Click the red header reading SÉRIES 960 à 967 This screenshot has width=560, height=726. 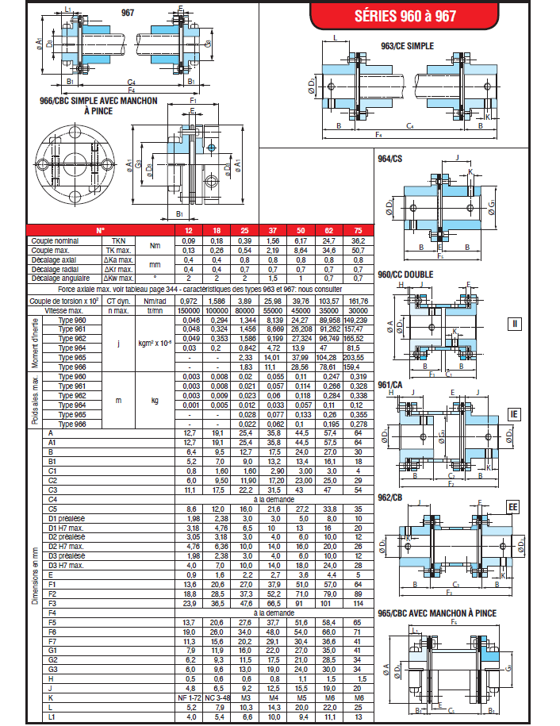tap(408, 14)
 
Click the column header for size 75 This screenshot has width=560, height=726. tap(357, 230)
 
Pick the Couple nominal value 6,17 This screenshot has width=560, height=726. tap(301, 240)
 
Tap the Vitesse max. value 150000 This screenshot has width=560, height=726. tap(189, 311)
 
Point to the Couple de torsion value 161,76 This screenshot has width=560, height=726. tap(357, 302)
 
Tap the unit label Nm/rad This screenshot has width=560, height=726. tap(155, 302)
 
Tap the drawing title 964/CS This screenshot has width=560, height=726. tap(390, 159)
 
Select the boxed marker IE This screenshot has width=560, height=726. tap(514, 415)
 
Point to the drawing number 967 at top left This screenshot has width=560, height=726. tap(128, 13)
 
